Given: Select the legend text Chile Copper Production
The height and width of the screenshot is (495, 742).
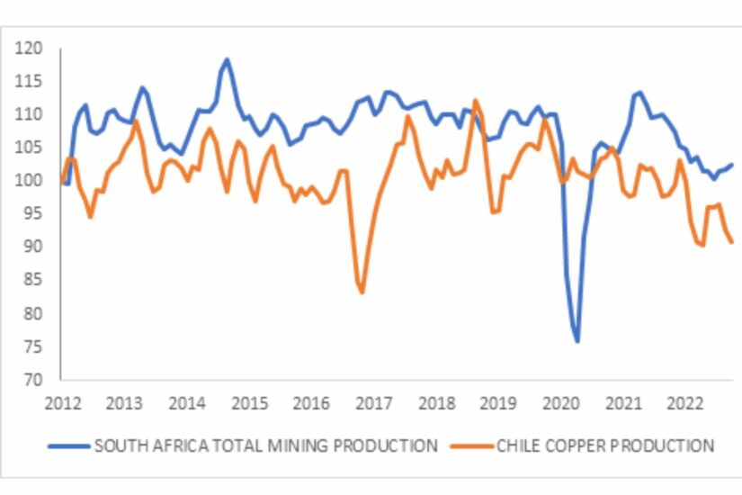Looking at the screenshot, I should point(605,445).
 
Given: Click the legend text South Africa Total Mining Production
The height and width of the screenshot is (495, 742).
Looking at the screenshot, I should point(266,445).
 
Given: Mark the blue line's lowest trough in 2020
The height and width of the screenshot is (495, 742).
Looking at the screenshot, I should point(577,341).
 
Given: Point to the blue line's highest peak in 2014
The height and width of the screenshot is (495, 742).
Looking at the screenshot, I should point(227,59).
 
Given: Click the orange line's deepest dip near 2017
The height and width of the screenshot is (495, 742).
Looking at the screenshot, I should point(362,292).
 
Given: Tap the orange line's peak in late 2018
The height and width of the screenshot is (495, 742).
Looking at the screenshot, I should point(476,100).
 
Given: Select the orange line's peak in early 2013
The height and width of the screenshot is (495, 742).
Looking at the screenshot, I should point(136,121).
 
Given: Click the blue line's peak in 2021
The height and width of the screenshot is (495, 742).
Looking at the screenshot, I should point(639,92).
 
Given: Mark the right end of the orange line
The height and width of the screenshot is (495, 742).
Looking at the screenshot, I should point(732,242).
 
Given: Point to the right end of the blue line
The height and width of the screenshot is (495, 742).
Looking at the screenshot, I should point(732,165).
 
